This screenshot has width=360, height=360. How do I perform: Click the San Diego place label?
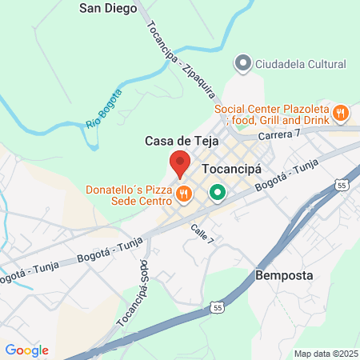tap(106, 9)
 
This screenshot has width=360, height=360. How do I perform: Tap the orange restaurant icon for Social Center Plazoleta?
tap(341, 114)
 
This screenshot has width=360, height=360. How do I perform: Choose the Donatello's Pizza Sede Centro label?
tap(128, 196)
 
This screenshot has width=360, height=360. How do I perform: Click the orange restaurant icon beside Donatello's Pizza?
tap(183, 193)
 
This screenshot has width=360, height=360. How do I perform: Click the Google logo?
tap(26, 350)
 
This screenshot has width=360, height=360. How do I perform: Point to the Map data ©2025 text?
tap(326, 354)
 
